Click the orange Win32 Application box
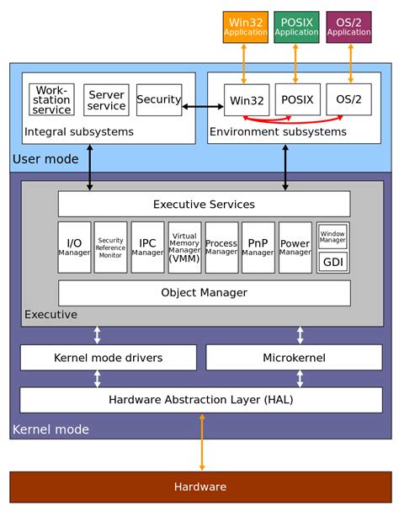[x=246, y=27]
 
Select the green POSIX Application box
[x=296, y=27]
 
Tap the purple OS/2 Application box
[x=348, y=27]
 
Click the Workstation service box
[x=51, y=99]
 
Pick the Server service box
[x=106, y=99]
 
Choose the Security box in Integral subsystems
[x=159, y=99]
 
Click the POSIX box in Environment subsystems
[x=296, y=99]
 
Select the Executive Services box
[x=204, y=204]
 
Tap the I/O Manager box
[x=74, y=248]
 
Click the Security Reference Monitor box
[x=110, y=248]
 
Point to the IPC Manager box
[x=147, y=248]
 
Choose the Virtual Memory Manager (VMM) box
[x=184, y=248]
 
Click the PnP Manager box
[x=258, y=248]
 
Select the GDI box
[x=332, y=262]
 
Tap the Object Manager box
[x=204, y=293]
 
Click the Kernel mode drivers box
[x=108, y=357]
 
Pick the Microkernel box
[x=300, y=357]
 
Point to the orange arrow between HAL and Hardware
[x=201, y=442]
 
